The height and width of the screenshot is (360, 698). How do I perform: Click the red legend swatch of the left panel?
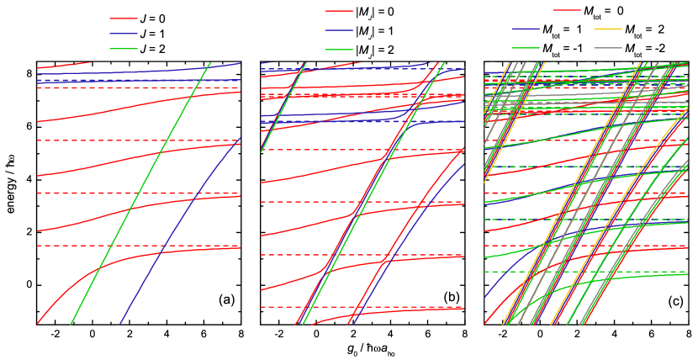click(x=124, y=18)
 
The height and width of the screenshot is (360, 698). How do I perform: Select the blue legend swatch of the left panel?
click(x=124, y=34)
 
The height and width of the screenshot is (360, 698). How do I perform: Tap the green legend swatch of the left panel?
click(x=124, y=49)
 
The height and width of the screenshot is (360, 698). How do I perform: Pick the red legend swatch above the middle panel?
click(x=339, y=11)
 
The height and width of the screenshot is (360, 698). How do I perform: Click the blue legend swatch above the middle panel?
click(x=339, y=29)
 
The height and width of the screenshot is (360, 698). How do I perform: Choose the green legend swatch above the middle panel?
click(x=339, y=49)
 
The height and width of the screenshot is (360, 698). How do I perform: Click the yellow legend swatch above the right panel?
click(x=608, y=29)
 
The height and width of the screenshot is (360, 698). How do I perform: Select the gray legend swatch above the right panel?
click(x=608, y=48)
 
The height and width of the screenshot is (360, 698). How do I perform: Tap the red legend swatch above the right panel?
click(x=567, y=10)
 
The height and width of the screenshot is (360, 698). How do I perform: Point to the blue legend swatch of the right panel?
click(x=526, y=29)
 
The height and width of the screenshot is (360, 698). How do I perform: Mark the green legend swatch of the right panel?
click(x=526, y=48)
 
